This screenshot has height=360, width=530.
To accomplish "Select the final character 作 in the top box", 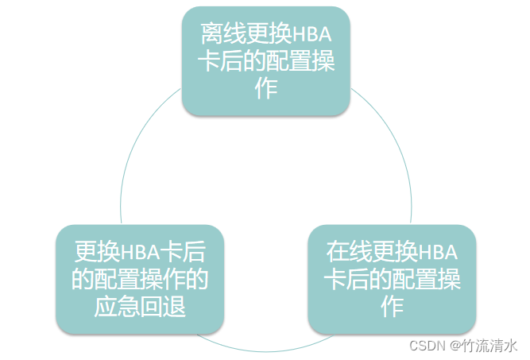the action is (x=265, y=89).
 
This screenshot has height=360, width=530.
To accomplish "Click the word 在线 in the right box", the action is (x=343, y=253).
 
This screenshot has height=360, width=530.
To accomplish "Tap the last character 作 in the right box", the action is (x=392, y=307).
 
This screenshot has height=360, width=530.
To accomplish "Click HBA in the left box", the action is (x=141, y=253).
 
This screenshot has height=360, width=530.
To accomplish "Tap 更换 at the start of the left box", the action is (x=91, y=253).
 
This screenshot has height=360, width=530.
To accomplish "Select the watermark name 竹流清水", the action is (x=490, y=346).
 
